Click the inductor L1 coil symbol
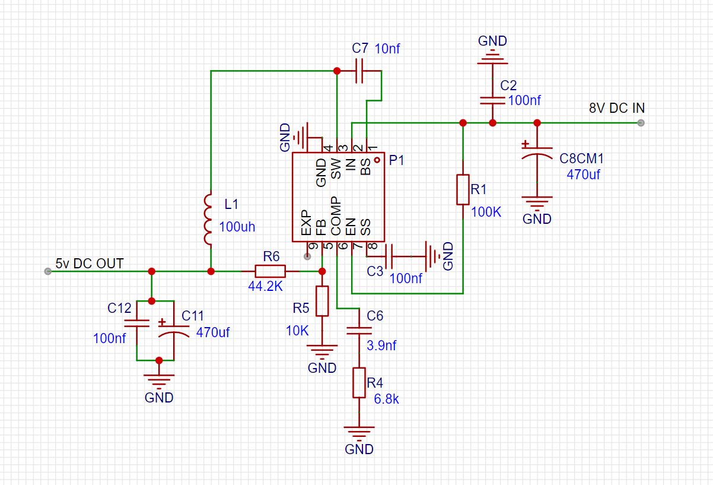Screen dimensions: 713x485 pyautogui.click(x=208, y=220)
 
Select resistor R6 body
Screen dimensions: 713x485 pyautogui.click(x=270, y=271)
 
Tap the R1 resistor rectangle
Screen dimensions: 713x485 pyautogui.click(x=463, y=189)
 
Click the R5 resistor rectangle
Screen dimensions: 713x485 pyautogui.click(x=322, y=301)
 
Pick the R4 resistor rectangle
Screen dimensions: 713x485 pyautogui.click(x=359, y=383)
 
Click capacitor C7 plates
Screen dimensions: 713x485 pyautogui.click(x=359, y=71)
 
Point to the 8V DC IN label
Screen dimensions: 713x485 pyautogui.click(x=616, y=108)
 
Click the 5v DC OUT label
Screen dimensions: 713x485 pyautogui.click(x=90, y=264)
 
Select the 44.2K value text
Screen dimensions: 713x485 pyautogui.click(x=265, y=286)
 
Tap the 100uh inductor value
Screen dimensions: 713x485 pyautogui.click(x=237, y=227)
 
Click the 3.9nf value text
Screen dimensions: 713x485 pyautogui.click(x=381, y=345)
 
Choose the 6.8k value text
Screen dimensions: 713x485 pyautogui.click(x=386, y=399)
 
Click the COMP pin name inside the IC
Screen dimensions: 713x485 pyautogui.click(x=336, y=215)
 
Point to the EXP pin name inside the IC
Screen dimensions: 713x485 pyautogui.click(x=306, y=223)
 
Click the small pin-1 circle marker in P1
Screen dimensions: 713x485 pyautogui.click(x=377, y=160)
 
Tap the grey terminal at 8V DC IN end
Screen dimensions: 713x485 pyautogui.click(x=641, y=123)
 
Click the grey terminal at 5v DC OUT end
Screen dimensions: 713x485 pyautogui.click(x=47, y=271)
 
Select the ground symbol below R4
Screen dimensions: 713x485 pyautogui.click(x=359, y=434)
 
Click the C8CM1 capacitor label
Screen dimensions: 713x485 pyautogui.click(x=581, y=159)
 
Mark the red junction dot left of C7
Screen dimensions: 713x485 pyautogui.click(x=337, y=71)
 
